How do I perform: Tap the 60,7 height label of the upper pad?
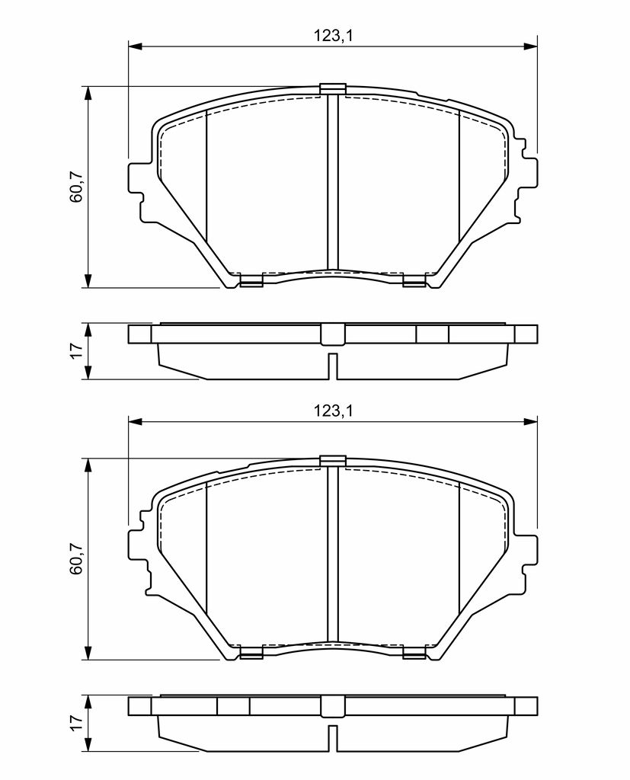tap(77, 186)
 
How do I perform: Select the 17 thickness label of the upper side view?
tap(75, 351)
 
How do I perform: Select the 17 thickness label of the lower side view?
tap(75, 723)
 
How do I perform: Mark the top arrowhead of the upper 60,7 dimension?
tap(89, 92)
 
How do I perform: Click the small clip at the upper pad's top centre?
tap(332, 88)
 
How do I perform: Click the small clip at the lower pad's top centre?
tap(332, 460)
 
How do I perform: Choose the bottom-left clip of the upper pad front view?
tap(251, 282)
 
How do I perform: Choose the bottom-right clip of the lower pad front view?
tap(414, 654)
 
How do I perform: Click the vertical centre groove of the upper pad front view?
tap(332, 183)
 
